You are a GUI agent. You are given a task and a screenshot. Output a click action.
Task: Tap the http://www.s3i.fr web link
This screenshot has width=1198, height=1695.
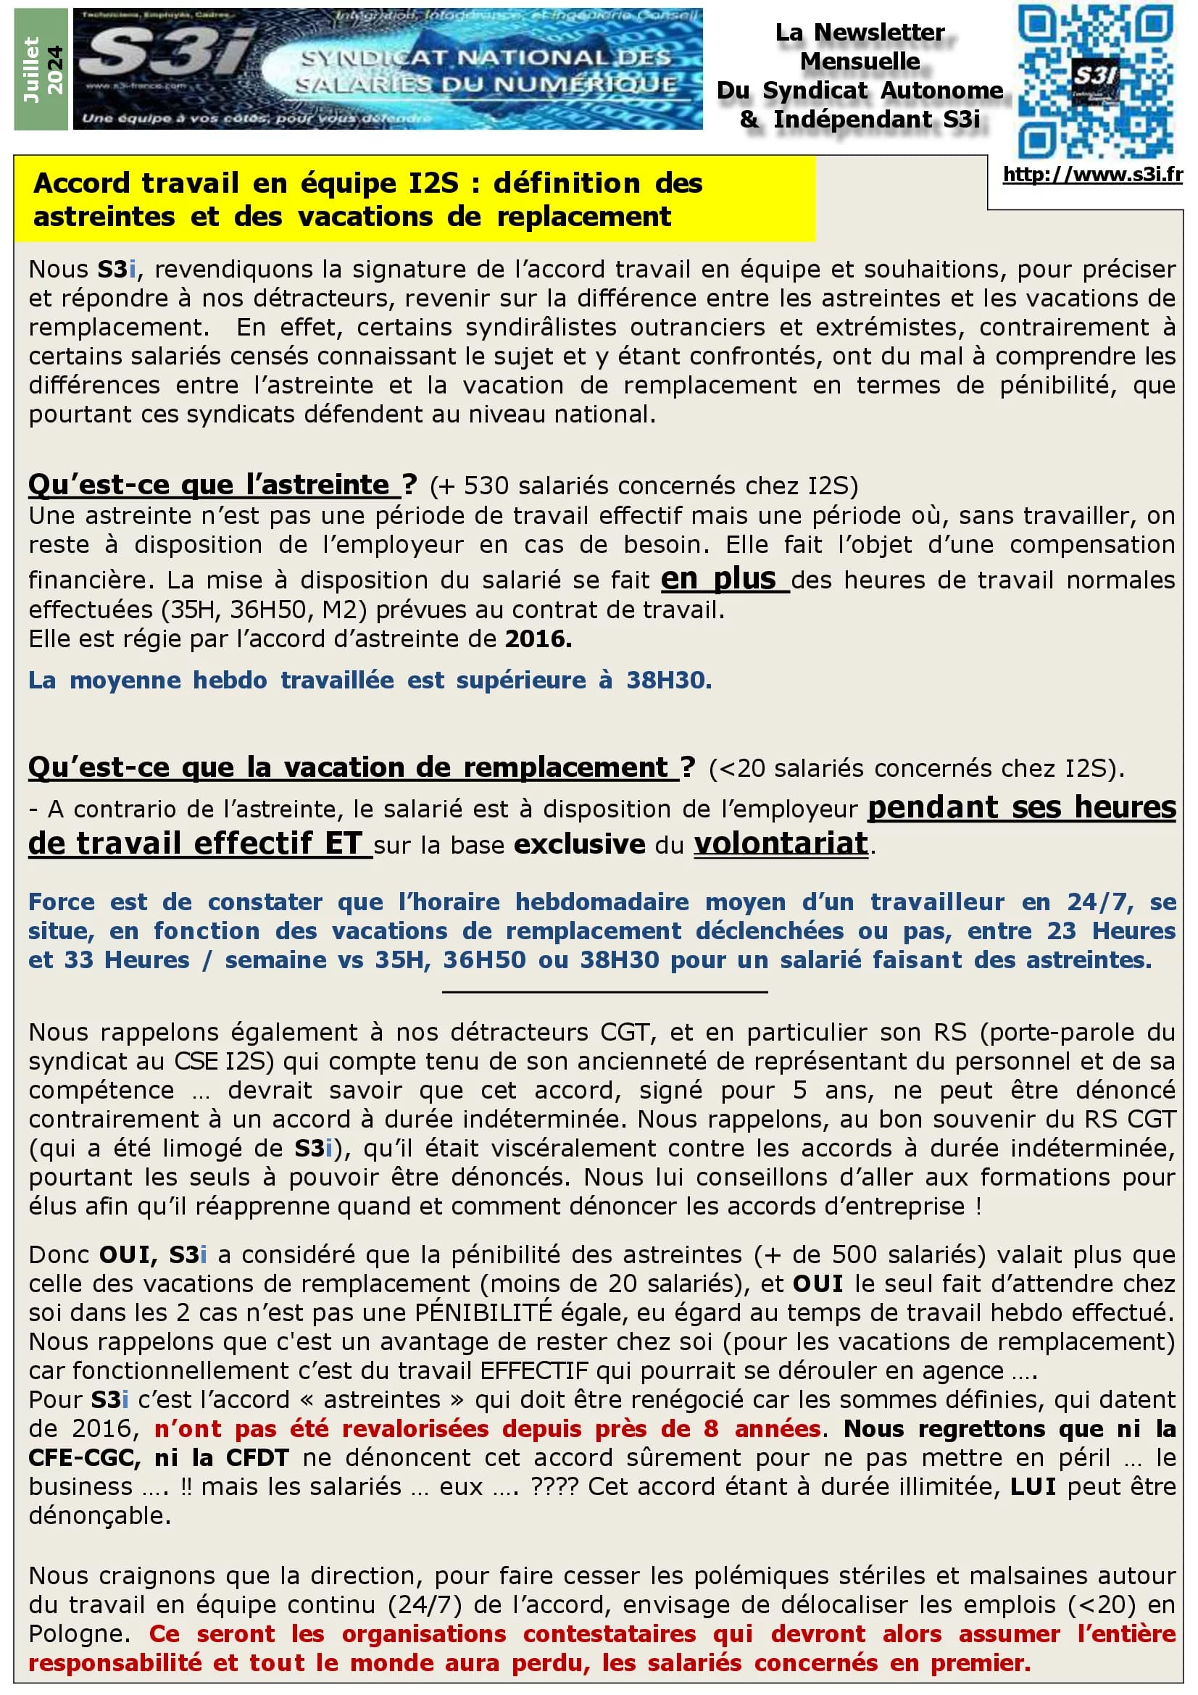1092,175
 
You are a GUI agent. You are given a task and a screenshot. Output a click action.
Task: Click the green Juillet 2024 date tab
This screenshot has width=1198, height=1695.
42,70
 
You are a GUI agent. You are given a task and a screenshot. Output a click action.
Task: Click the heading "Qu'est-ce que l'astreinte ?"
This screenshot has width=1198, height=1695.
222,485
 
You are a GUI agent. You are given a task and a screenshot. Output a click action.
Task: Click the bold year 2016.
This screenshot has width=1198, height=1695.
538,638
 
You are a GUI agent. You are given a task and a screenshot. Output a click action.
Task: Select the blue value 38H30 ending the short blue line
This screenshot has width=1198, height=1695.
669,680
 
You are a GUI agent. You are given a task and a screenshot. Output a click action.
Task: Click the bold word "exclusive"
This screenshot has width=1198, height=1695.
580,844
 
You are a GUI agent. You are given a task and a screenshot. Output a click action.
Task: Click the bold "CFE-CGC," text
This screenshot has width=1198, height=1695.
83,1457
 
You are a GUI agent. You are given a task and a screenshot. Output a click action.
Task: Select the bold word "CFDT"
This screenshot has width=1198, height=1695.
257,1457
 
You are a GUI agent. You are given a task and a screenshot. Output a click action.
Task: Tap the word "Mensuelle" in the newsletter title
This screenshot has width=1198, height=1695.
860,62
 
